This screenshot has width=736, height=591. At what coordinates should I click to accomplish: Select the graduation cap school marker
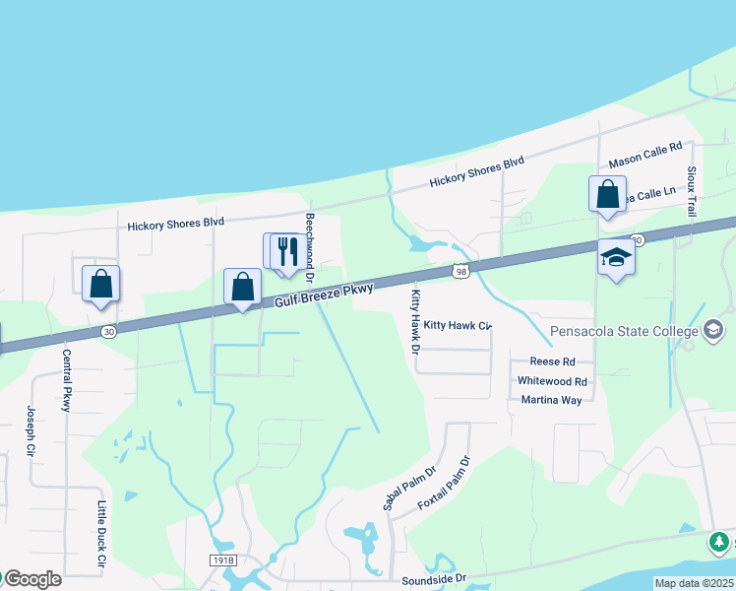(616, 257)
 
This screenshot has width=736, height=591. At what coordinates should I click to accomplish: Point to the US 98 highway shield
(460, 270)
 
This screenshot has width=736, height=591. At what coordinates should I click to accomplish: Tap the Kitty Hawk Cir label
(457, 324)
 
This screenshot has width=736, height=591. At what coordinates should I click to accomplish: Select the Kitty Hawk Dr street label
(415, 321)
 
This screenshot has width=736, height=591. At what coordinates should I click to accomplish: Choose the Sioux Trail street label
(692, 191)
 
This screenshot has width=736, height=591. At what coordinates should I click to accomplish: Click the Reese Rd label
(551, 361)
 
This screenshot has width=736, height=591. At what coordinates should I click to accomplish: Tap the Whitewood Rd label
(552, 381)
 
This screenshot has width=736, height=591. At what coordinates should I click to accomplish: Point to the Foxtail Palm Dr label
(445, 482)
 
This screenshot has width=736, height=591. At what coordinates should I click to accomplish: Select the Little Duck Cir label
(100, 533)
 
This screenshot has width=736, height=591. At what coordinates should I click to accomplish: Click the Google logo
(31, 579)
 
